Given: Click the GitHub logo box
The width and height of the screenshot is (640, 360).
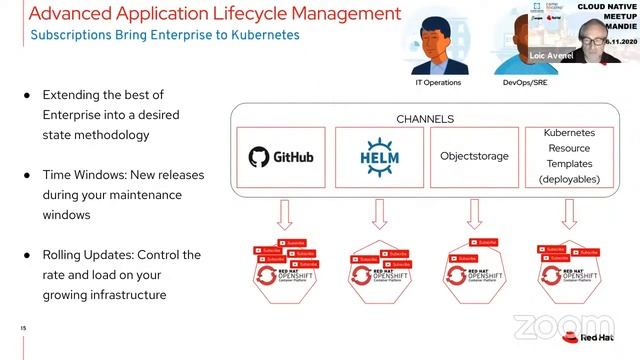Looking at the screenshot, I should (x=281, y=157).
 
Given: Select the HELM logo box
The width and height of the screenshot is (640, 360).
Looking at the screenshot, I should (x=379, y=157).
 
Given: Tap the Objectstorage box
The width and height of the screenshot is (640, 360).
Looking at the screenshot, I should (x=474, y=157).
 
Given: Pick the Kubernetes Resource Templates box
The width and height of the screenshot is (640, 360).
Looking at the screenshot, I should (x=569, y=156).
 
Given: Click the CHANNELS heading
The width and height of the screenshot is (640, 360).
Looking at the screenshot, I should (x=424, y=118).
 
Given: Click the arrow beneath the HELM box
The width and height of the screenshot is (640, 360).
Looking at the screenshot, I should (x=379, y=211).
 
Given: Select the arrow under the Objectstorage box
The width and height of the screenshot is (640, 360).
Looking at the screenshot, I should (x=474, y=211).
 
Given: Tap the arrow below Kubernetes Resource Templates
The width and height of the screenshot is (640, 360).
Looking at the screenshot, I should (x=569, y=211).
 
